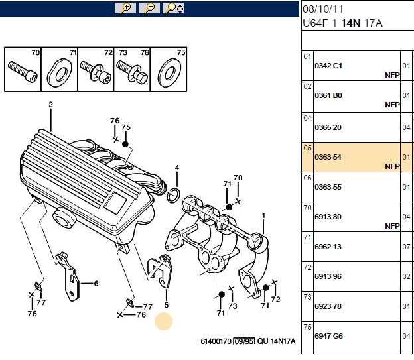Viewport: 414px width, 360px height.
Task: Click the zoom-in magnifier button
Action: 125,8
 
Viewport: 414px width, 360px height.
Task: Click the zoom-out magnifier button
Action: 149,8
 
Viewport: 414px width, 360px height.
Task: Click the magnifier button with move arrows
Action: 173,8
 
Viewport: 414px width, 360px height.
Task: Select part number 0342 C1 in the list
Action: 328,66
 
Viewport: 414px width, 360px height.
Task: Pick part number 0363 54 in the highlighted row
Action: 328,157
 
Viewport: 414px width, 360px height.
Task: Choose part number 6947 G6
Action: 328,336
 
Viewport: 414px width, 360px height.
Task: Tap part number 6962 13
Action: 328,247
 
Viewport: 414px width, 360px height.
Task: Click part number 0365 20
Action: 328,127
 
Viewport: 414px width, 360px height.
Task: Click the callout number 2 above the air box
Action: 50,105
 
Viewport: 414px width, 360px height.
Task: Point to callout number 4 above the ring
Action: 177,168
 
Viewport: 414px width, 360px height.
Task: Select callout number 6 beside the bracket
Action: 96,284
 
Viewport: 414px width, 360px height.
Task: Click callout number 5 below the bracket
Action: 167,305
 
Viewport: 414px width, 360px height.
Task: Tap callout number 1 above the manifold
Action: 263,216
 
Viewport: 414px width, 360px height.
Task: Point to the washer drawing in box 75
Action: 169,73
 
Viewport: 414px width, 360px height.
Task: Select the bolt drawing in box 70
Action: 23,71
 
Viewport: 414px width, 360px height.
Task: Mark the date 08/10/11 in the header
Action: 323,9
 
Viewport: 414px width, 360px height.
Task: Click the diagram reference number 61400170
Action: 216,341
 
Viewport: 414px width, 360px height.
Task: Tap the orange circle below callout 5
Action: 163,321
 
